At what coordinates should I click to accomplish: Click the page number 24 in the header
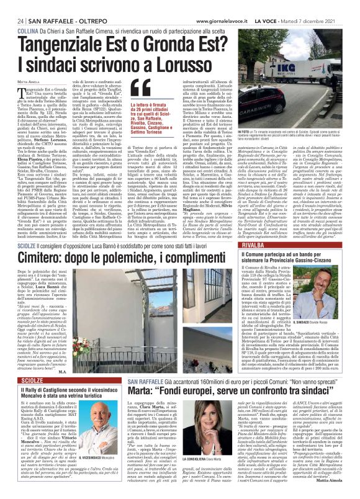tap(12, 6)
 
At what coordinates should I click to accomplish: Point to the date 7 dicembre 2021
tap(323, 6)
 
